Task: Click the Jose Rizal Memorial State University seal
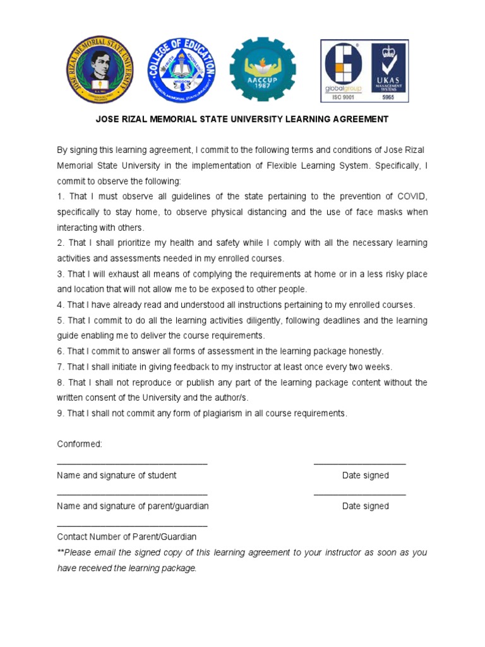pyautogui.click(x=100, y=70)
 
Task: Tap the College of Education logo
pyautogui.click(x=183, y=70)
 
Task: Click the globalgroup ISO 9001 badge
pyautogui.click(x=343, y=70)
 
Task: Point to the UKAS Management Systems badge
pyautogui.click(x=388, y=70)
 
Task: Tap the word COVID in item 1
pyautogui.click(x=412, y=197)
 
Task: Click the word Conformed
pyautogui.click(x=80, y=444)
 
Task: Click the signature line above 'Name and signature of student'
pyautogui.click(x=132, y=464)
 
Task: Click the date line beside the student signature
pyautogui.click(x=359, y=464)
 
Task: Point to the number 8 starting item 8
pyautogui.click(x=60, y=382)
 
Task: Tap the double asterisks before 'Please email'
pyautogui.click(x=61, y=552)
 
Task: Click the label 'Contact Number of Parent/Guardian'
pyautogui.click(x=126, y=537)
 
